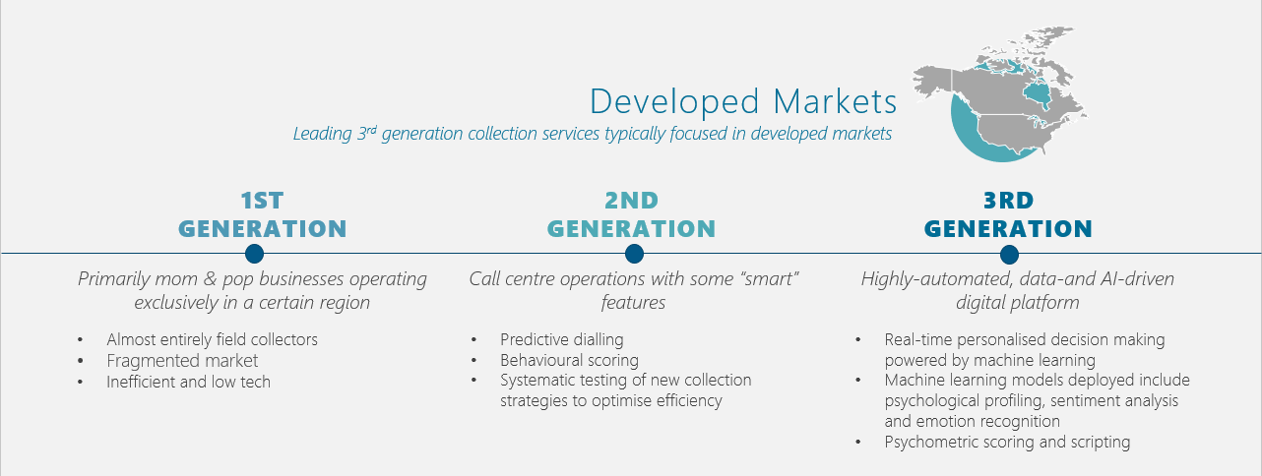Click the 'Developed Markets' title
coord(743,102)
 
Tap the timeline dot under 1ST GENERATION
coord(255,254)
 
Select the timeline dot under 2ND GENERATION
coord(634,254)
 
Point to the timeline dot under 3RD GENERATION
coord(1009,255)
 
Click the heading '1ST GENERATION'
coord(263,215)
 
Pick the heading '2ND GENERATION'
coord(632,215)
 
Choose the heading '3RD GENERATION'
coord(1008,215)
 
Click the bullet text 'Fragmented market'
coord(182,361)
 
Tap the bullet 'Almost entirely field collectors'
coord(212,340)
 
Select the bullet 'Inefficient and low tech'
coord(188,382)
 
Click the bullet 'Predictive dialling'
coord(562,340)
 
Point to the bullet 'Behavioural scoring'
coord(569,360)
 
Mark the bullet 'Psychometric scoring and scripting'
coord(1007,443)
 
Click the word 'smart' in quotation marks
coord(769,278)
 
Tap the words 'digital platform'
coord(1018,303)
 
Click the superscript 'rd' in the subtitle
coord(371,130)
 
